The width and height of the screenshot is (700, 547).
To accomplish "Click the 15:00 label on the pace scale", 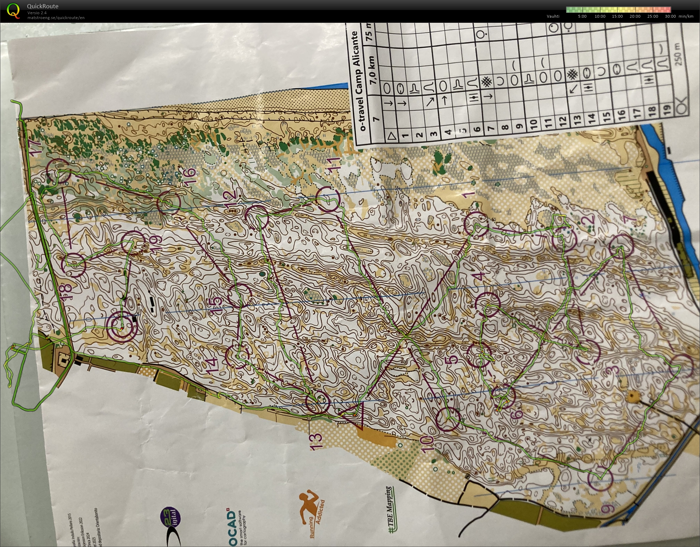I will (617, 16).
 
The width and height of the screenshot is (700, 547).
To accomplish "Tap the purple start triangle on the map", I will (355, 414).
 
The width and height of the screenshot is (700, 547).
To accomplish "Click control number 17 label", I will (37, 145).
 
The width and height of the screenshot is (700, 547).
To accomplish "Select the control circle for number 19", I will (133, 242).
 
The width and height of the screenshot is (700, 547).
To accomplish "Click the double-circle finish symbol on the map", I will (122, 327).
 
